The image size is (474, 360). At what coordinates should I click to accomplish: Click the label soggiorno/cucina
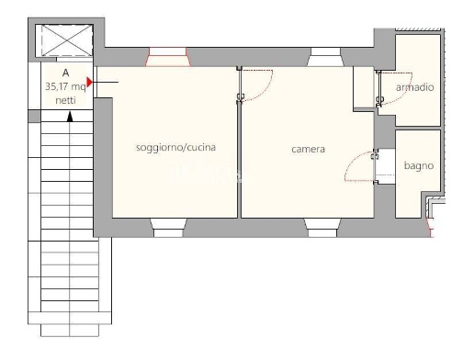point(175,148)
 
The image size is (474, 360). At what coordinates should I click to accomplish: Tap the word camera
point(308,150)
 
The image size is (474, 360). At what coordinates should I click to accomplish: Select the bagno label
point(419,166)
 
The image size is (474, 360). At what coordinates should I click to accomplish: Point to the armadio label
point(415,87)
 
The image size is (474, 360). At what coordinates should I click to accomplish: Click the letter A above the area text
point(65,73)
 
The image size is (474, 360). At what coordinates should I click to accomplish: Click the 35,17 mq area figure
point(65,86)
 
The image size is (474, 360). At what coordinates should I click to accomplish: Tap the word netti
point(65,100)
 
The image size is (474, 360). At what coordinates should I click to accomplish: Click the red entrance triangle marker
point(89,82)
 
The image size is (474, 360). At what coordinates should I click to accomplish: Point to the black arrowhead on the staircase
point(70,117)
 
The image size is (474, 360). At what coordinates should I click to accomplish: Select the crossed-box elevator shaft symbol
point(67,40)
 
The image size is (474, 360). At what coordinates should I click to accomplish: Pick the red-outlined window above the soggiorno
point(167,57)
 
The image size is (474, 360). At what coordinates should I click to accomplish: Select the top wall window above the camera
point(325,57)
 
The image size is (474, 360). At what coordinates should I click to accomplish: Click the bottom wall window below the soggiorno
point(168,228)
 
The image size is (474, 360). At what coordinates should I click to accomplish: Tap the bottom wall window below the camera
point(322,228)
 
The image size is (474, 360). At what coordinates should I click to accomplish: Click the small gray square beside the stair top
point(34,116)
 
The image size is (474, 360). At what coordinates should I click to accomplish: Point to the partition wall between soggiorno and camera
point(239,159)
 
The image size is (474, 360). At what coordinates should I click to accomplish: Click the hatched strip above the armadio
point(418,29)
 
